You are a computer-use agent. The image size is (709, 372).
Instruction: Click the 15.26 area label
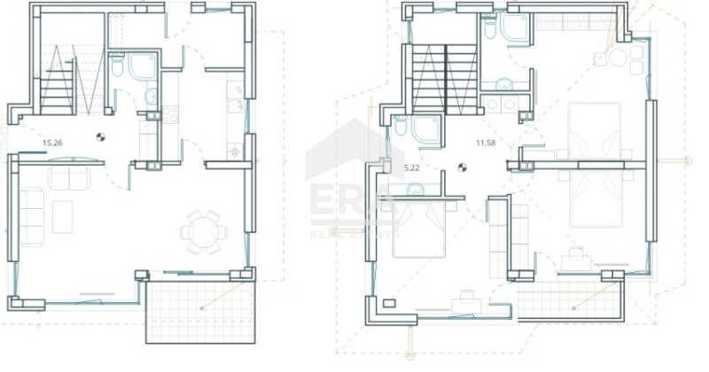click(x=52, y=143)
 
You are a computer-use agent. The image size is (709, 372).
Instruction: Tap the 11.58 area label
click(x=486, y=143)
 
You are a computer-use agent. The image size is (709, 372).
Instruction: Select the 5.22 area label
click(x=411, y=168)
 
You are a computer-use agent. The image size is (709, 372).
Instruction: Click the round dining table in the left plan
click(x=204, y=232)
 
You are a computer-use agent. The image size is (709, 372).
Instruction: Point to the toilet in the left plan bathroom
click(x=117, y=66)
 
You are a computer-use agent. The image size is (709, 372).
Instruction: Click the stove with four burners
click(x=170, y=114)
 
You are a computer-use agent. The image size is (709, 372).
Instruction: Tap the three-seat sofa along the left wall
click(x=32, y=217)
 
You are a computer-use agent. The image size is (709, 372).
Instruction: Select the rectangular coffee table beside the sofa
click(x=62, y=217)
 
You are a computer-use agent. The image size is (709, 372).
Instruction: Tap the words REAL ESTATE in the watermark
click(x=355, y=235)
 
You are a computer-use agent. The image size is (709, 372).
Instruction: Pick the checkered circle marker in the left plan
click(x=100, y=136)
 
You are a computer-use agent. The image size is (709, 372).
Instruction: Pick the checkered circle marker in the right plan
click(x=462, y=167)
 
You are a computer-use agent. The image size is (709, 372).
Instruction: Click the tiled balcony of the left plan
click(x=201, y=312)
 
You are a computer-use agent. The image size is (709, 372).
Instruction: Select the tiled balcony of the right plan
click(x=571, y=300)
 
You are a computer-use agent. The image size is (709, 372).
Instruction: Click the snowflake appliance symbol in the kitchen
click(x=235, y=151)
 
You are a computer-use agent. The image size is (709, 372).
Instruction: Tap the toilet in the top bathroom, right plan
click(x=490, y=27)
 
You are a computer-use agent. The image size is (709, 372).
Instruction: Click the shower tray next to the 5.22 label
click(x=425, y=131)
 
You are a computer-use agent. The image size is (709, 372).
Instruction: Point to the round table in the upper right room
click(x=618, y=58)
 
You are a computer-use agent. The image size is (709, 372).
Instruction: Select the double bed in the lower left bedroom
click(x=419, y=229)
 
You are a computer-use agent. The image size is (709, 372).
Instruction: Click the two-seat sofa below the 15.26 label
click(x=69, y=179)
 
